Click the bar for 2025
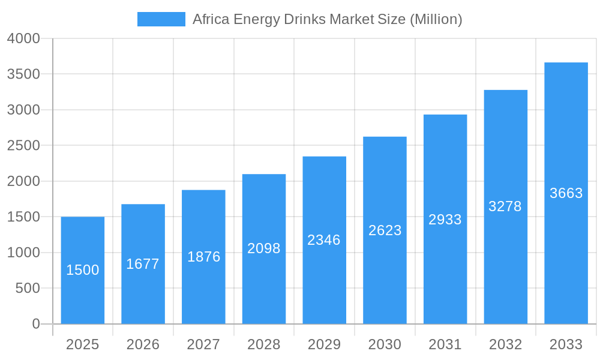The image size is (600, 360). (83, 270)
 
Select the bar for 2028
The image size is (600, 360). (264, 249)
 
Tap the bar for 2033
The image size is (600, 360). (566, 193)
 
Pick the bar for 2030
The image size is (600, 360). (385, 230)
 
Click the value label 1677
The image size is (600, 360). (143, 264)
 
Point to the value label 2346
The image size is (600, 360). (324, 240)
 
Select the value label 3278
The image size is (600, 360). (505, 206)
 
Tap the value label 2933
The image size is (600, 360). (445, 220)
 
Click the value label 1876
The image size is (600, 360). (204, 257)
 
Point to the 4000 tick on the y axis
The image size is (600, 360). (23, 38)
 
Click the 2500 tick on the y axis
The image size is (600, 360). (23, 146)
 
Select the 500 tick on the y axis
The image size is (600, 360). (28, 289)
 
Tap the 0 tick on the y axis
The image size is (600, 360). (35, 324)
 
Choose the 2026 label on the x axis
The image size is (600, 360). (143, 344)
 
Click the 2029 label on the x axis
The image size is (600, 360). (324, 344)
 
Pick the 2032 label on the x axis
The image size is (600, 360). (505, 344)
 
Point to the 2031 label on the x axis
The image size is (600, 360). (445, 344)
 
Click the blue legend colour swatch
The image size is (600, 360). (161, 19)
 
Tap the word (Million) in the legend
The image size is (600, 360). (436, 19)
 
